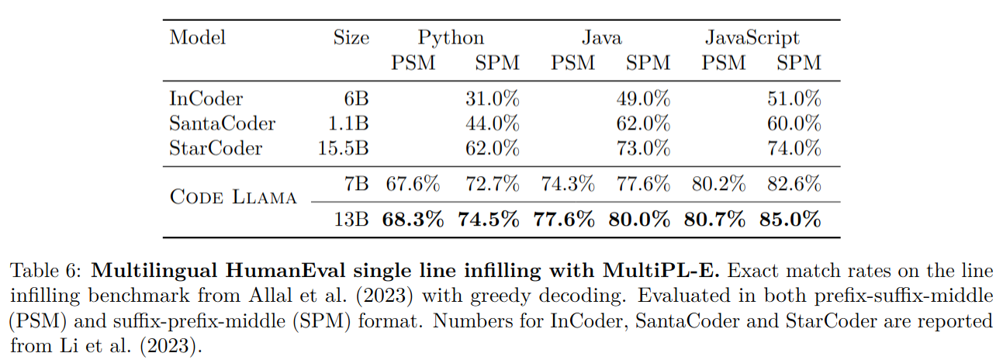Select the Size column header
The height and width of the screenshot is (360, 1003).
[x=351, y=37]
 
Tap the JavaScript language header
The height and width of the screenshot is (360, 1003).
[x=752, y=37]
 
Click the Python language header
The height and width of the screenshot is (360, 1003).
[x=451, y=37]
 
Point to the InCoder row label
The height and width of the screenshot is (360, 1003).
[x=206, y=99]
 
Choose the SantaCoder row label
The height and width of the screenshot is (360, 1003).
[x=222, y=123]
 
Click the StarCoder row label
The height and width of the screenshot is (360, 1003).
[x=215, y=147]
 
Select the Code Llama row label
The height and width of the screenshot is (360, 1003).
[x=233, y=197]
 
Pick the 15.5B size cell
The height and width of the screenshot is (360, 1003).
[x=344, y=147]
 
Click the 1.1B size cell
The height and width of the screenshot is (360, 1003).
[x=349, y=123]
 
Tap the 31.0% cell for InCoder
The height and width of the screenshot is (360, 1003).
[x=492, y=99]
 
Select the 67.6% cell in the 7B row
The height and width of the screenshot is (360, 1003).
[x=413, y=185]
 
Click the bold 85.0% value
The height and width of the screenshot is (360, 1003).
[x=790, y=220]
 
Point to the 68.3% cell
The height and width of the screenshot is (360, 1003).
[x=413, y=220]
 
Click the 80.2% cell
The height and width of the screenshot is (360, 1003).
[x=714, y=185]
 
